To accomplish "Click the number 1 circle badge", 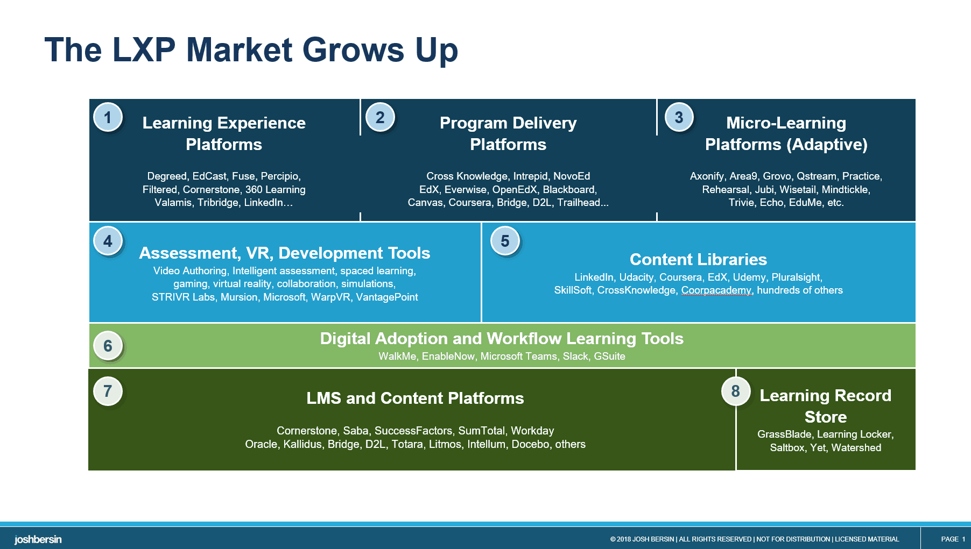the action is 108,117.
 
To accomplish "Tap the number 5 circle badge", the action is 505,241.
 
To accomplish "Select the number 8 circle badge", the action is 736,391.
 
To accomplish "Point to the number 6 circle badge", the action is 108,345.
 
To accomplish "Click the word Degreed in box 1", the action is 167,176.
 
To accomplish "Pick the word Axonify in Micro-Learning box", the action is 707,176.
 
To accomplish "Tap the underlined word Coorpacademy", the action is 716,290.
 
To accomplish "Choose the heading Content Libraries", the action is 698,259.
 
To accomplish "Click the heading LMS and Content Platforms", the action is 415,398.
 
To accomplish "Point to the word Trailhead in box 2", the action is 579,203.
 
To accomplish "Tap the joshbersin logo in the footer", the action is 38,539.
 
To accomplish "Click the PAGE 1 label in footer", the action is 953,539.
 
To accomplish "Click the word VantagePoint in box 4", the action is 386,297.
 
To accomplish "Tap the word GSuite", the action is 609,356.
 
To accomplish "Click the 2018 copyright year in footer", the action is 623,539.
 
